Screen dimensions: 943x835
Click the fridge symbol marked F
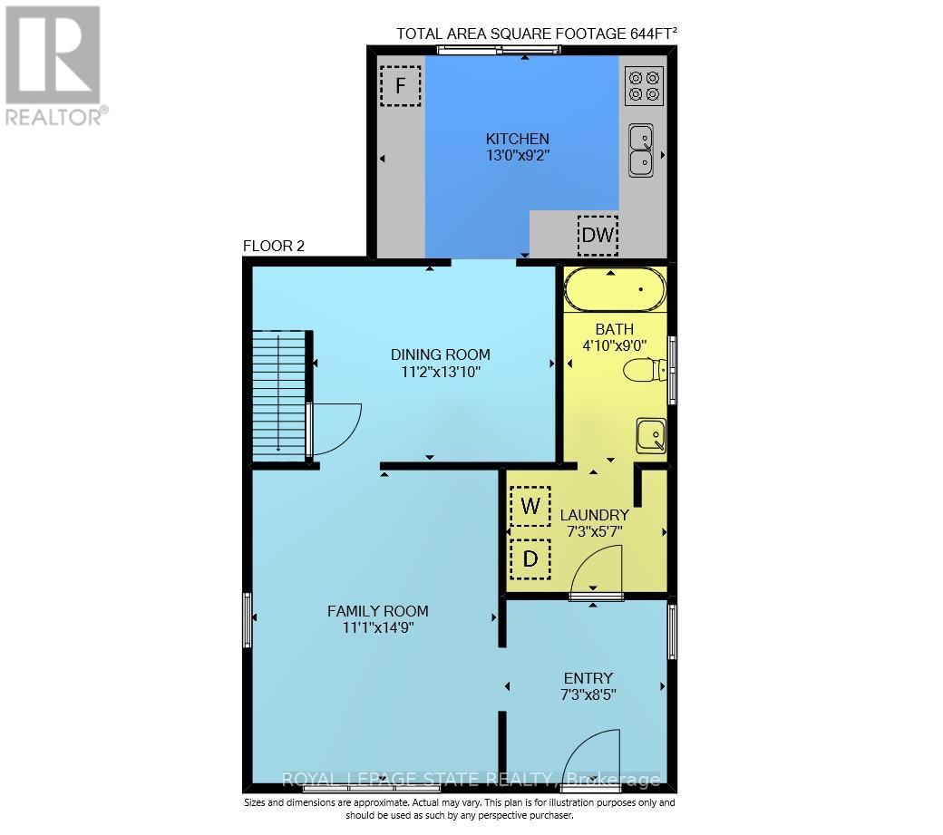pyautogui.click(x=400, y=85)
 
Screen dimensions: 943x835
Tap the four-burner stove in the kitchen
pyautogui.click(x=644, y=85)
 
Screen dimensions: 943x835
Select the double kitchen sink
pyautogui.click(x=641, y=150)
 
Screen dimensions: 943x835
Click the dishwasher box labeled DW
pyautogui.click(x=598, y=235)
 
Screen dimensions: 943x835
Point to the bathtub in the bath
pyautogui.click(x=616, y=289)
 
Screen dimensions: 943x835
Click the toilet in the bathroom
pyautogui.click(x=645, y=370)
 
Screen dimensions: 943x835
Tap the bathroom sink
pyautogui.click(x=651, y=435)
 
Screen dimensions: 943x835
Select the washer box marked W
pyautogui.click(x=530, y=506)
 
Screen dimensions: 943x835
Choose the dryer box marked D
pyautogui.click(x=530, y=559)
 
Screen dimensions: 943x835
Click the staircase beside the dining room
pyautogui.click(x=279, y=396)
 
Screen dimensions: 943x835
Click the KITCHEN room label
pyautogui.click(x=517, y=139)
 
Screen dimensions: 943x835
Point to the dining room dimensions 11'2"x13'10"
pyautogui.click(x=441, y=372)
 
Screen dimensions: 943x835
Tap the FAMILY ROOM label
pyautogui.click(x=378, y=611)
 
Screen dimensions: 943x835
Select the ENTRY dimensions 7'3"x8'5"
pyautogui.click(x=588, y=695)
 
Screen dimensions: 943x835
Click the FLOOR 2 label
pyautogui.click(x=274, y=246)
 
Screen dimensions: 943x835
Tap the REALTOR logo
pyautogui.click(x=54, y=65)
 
